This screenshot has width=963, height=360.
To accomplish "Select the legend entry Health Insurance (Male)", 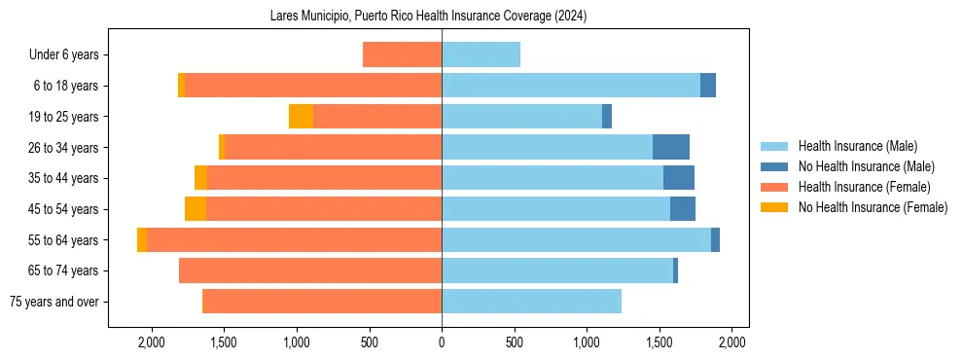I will [857, 146].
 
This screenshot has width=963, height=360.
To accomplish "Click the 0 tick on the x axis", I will [442, 342].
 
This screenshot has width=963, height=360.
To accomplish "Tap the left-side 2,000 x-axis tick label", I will [152, 342].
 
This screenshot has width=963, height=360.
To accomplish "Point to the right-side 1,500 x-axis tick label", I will [660, 342].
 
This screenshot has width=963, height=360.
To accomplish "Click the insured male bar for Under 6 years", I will [481, 54].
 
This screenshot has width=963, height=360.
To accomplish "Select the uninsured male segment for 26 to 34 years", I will [671, 147].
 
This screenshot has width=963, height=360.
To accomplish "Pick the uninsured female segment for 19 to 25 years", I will [301, 117].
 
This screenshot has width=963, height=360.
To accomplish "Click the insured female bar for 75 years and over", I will [322, 302].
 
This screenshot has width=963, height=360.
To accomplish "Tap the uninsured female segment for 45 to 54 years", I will [196, 209].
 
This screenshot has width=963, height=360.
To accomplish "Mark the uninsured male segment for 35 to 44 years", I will [679, 178].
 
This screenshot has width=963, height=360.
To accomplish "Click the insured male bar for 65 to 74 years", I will [557, 270].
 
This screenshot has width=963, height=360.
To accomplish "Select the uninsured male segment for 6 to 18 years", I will [708, 86].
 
